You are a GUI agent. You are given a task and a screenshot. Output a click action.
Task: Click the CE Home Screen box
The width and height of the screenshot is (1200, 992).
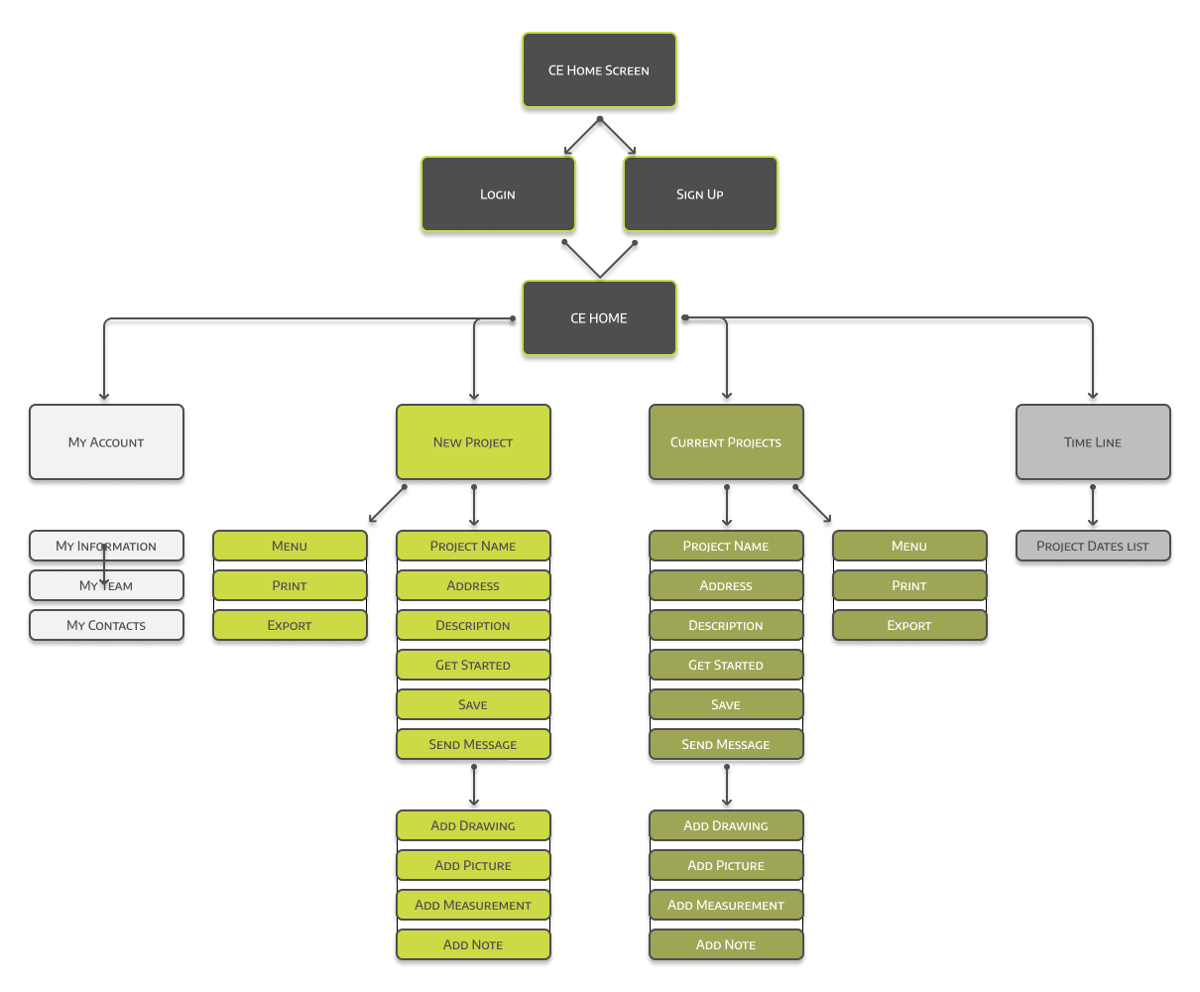[x=599, y=70]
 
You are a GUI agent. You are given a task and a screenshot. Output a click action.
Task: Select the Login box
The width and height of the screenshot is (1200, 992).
[x=498, y=194]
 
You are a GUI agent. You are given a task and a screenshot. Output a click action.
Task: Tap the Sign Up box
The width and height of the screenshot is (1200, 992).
[x=700, y=194]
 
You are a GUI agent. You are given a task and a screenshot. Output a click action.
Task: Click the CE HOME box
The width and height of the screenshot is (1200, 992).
[x=599, y=318]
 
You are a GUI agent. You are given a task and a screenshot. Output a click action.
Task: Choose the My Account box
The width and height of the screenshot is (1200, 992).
[x=106, y=442]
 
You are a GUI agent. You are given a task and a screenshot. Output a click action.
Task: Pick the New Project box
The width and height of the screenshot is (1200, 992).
[x=473, y=442]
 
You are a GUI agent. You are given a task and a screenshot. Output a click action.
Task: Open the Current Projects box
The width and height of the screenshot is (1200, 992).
[x=726, y=442]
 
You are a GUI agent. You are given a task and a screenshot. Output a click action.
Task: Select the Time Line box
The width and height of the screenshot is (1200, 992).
[x=1093, y=442]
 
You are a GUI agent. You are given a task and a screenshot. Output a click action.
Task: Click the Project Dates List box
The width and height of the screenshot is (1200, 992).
[x=1093, y=546]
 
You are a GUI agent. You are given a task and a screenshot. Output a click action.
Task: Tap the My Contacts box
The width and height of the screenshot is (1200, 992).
[x=106, y=625]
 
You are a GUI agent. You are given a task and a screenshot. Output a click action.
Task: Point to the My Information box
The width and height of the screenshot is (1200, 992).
[x=106, y=546]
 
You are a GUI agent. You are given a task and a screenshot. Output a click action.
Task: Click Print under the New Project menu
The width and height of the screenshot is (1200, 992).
[x=290, y=585]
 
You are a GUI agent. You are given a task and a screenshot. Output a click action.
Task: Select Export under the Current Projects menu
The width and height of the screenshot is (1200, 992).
[x=909, y=625]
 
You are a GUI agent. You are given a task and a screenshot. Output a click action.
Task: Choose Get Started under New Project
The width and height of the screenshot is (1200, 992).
[x=473, y=665]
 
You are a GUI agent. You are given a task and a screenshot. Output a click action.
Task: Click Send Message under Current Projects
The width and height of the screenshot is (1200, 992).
[x=726, y=744]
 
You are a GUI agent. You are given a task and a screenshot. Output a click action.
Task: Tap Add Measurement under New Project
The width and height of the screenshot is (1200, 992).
[x=473, y=905]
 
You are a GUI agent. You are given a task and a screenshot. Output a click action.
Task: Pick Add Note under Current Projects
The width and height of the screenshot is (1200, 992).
[x=726, y=944]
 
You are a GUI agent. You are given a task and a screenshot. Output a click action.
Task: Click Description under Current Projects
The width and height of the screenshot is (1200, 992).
[x=726, y=625]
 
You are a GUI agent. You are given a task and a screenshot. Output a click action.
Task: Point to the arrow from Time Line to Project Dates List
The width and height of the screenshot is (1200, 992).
[x=1093, y=506]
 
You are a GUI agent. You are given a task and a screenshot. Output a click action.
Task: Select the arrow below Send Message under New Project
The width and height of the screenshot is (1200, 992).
[x=474, y=786]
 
